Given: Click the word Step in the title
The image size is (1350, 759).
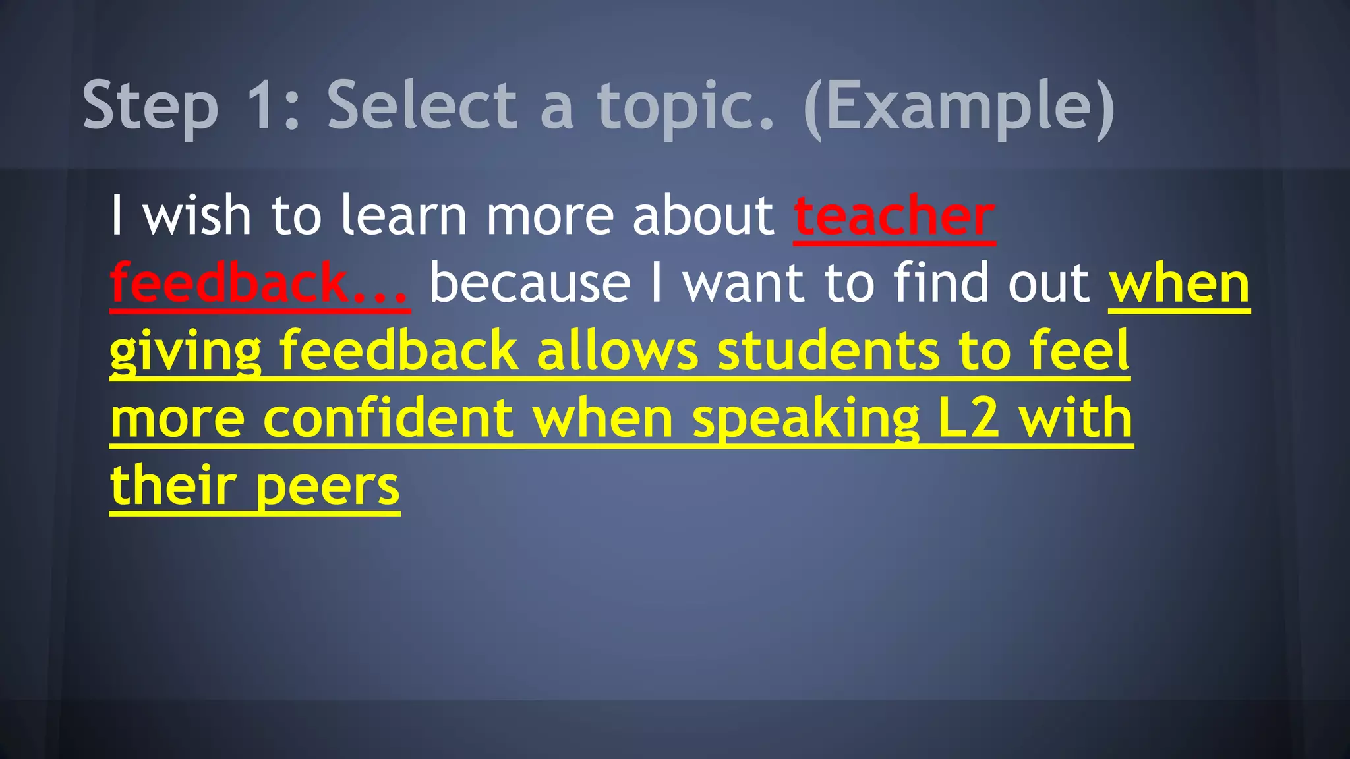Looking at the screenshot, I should (x=150, y=105).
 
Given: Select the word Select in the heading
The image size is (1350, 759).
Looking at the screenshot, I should (x=422, y=105).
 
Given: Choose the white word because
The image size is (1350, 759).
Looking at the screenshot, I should (x=531, y=283).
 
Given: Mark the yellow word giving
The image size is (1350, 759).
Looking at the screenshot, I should (x=185, y=352).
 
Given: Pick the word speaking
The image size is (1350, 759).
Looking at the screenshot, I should (x=806, y=420).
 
